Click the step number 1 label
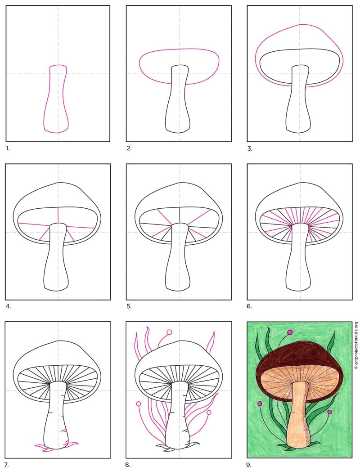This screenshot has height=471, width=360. click(x=8, y=148)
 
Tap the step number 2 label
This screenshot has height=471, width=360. click(x=129, y=148)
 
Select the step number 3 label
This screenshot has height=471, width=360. click(x=250, y=148)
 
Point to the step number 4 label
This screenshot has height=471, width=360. click(x=9, y=306)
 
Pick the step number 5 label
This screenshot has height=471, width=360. click(x=129, y=306)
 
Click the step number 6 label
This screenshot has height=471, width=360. click(x=250, y=306)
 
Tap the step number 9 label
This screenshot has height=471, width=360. click(x=249, y=465)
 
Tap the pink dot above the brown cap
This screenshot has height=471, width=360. click(x=290, y=332)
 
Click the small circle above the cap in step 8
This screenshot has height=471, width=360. click(x=169, y=332)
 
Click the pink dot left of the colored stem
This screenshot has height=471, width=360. click(x=260, y=404)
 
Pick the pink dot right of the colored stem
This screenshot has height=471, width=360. click(x=330, y=412)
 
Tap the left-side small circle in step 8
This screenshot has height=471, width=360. click(x=139, y=404)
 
